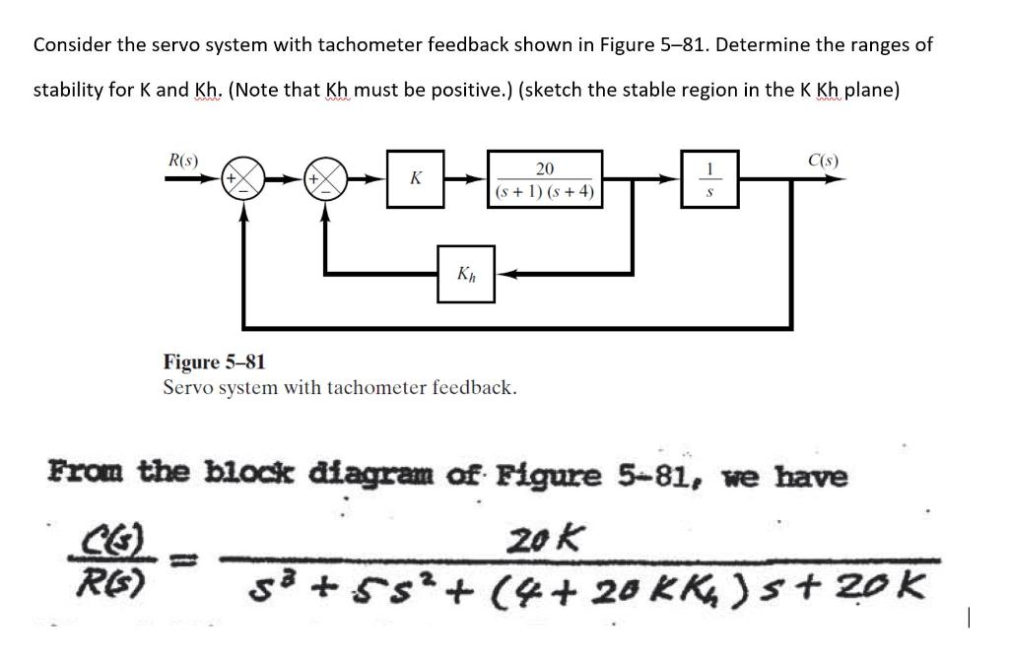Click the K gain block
point(416,179)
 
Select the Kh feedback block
point(467,273)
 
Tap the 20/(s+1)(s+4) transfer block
point(546,179)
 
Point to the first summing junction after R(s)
point(243,179)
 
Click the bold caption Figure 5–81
point(214,362)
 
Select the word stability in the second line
point(69,91)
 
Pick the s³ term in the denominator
point(267,590)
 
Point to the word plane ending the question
point(868,91)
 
